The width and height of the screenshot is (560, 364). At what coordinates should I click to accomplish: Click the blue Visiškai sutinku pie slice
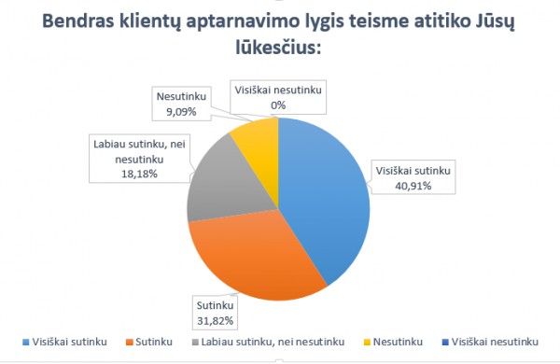[x=327, y=196]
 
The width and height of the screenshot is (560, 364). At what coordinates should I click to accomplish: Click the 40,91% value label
[x=413, y=184]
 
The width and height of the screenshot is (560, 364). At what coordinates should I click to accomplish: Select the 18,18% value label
[x=137, y=173]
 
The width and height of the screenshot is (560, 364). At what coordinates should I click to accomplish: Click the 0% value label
[x=277, y=105]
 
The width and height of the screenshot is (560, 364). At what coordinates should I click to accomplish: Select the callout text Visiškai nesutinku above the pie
[x=277, y=91]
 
